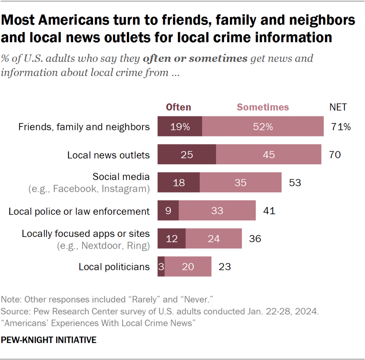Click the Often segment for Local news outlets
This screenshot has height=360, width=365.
(187, 154)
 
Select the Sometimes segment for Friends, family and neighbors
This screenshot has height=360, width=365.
(263, 127)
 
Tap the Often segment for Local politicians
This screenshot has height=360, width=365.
(161, 267)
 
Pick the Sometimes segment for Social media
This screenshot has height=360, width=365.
(240, 183)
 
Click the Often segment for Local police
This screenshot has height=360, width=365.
(168, 211)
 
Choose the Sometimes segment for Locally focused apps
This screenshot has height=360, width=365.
(213, 238)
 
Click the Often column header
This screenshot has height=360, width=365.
(179, 107)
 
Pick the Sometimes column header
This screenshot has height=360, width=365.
(262, 107)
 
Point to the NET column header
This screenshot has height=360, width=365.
(339, 107)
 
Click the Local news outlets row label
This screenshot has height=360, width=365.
(108, 155)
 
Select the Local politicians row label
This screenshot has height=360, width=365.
(114, 267)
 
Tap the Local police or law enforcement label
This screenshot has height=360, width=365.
(79, 211)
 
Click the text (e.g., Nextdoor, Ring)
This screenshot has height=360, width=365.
(103, 246)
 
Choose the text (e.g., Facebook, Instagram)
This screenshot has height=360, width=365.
(89, 189)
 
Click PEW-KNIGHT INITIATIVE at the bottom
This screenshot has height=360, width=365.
(49, 340)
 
